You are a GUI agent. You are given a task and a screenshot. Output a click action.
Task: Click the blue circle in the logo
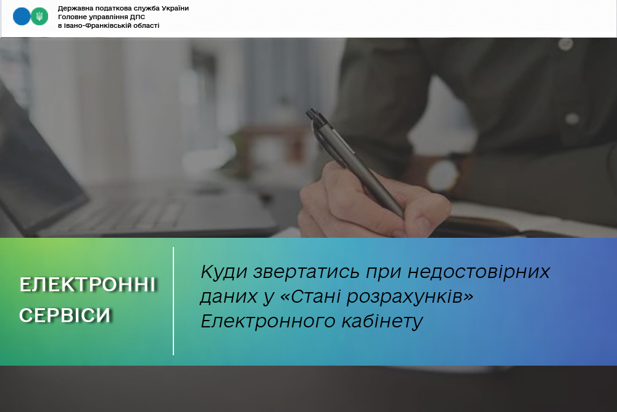(21, 17)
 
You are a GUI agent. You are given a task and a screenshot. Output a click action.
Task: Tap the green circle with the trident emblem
(39, 17)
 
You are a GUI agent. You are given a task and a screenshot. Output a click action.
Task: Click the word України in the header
(175, 8)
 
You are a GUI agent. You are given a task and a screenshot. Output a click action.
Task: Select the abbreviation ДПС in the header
(138, 17)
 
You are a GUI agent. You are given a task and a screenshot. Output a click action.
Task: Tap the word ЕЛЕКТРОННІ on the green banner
(88, 284)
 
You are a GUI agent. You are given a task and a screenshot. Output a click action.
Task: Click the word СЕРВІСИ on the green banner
(65, 315)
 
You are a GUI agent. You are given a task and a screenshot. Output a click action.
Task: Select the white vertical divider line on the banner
(173, 301)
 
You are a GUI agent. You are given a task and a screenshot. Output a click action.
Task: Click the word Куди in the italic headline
(225, 272)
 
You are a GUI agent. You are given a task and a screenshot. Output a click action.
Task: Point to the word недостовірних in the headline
(479, 272)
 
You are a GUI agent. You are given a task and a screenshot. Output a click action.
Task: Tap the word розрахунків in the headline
(410, 297)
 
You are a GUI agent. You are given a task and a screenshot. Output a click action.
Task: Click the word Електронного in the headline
(267, 321)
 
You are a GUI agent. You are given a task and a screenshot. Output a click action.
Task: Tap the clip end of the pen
(312, 114)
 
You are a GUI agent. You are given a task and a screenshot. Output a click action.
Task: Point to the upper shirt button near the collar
(566, 43)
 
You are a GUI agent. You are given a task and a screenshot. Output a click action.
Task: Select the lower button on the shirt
(572, 119)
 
